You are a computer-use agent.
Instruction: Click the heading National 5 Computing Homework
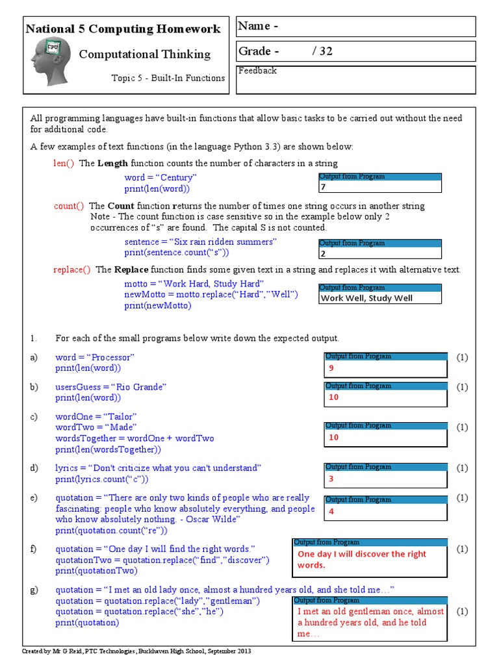pos(123,29)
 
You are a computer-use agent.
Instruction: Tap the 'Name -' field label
pos(258,26)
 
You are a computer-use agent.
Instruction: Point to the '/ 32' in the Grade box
pos(322,51)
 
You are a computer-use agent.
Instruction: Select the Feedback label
pos(257,71)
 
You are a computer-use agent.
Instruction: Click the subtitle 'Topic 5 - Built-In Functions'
pos(168,78)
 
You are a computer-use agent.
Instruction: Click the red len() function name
pos(64,163)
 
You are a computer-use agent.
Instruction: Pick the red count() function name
pos(69,206)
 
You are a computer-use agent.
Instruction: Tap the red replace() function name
pos(72,270)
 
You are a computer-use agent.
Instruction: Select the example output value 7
pos(322,187)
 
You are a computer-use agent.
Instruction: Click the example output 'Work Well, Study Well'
pos(366,298)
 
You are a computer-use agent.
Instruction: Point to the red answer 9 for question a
pos(331,368)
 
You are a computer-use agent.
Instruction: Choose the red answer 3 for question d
pos(331,479)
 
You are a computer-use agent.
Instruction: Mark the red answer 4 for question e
pos(331,512)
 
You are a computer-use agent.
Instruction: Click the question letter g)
pos(34,590)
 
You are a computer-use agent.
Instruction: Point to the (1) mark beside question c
pos(462,427)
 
